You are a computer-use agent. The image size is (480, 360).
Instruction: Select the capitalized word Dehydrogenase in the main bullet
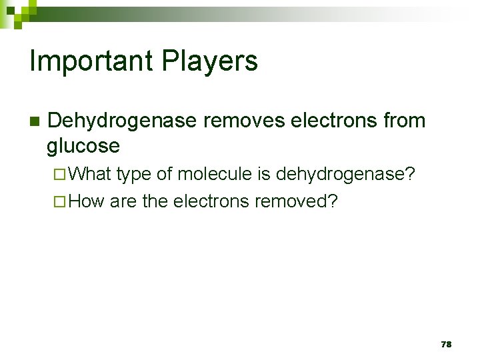coord(123,121)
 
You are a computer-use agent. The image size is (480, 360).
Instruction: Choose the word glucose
coord(83,145)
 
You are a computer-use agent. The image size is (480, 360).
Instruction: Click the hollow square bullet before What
coord(58,175)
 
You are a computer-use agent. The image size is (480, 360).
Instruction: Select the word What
coord(90,175)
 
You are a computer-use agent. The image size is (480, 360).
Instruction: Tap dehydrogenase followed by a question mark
coord(345,175)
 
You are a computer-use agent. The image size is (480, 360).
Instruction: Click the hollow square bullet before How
coord(58,201)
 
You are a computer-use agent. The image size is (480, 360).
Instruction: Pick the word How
coord(87,201)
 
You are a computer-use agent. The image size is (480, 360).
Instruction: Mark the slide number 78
coord(446,344)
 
